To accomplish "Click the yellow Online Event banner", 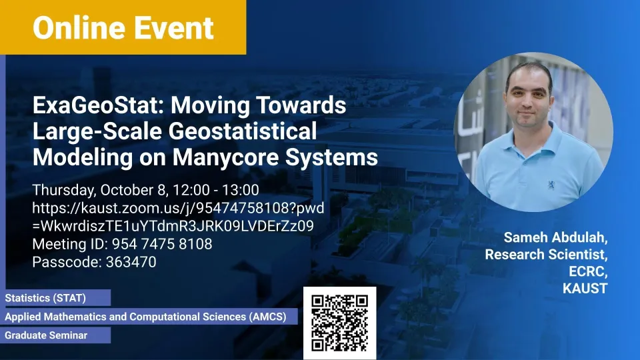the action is click(123, 27).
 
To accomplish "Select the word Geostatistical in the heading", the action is click(243, 131).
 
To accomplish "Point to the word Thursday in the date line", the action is click(64, 190).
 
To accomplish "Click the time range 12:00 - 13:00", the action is click(216, 190).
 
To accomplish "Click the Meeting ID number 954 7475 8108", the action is click(162, 244).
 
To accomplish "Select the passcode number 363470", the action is click(131, 262).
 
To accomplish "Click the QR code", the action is click(339, 323).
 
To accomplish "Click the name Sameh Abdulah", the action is click(555, 237).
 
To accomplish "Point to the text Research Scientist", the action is click(546, 254).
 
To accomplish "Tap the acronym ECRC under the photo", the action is click(588, 271).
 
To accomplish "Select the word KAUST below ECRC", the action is click(585, 289).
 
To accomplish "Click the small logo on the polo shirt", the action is click(551, 185).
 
